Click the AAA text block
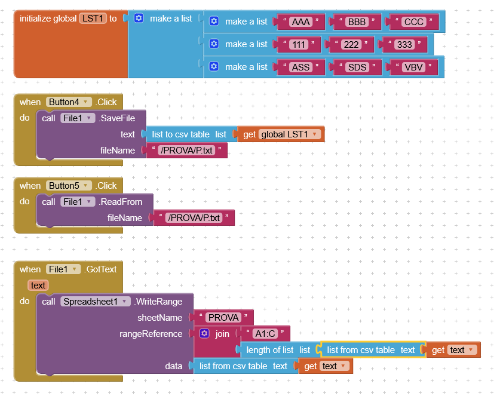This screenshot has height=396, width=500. coord(300,22)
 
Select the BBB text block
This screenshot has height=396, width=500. coord(357,22)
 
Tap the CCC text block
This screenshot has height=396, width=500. coord(413,22)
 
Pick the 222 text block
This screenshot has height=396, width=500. coord(351,44)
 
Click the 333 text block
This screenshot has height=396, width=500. coord(404,44)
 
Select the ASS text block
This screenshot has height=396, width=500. coord(300,67)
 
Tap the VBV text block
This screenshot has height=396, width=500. coord(412,67)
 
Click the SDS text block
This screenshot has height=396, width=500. coord(357,67)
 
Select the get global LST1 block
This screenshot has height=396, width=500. coord(281,134)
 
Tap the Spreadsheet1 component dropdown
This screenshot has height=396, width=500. coord(96,302)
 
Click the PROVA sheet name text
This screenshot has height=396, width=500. coord(223,318)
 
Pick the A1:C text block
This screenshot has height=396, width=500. coord(265,334)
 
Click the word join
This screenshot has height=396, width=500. coord(222,334)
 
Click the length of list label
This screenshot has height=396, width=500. coord(270,350)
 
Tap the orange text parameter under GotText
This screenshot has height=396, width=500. coord(38,286)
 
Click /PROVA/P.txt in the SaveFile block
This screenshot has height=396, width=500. coord(186,151)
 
